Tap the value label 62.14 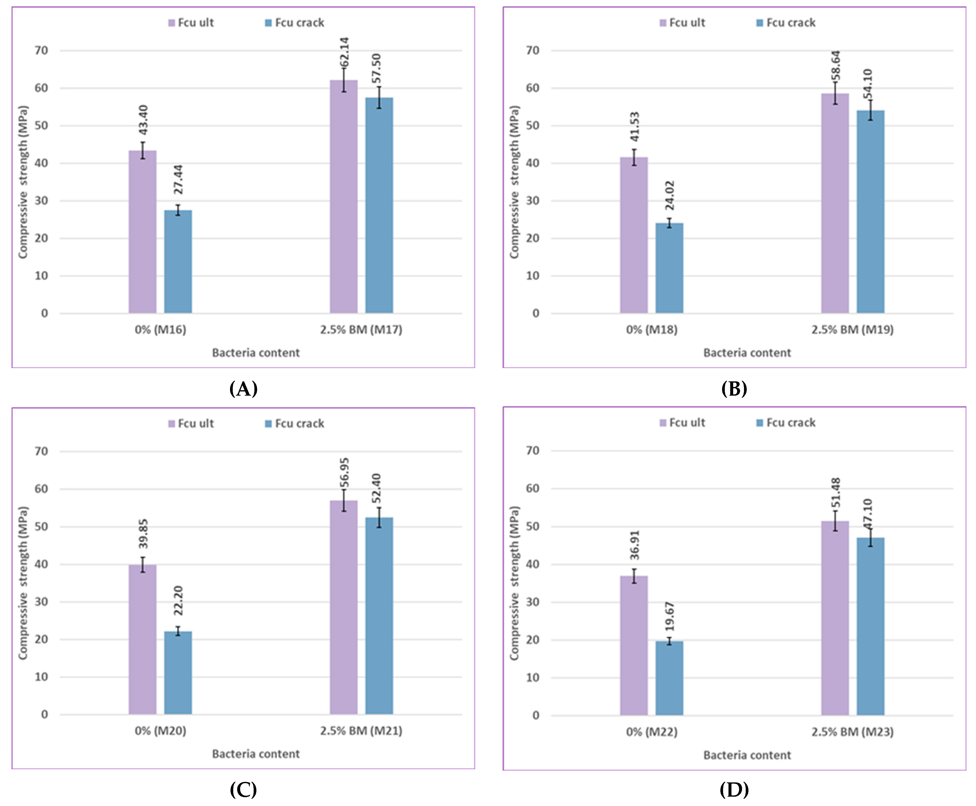click(344, 52)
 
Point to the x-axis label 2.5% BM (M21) click(361, 731)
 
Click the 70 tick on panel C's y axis click(41, 451)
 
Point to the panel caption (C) click(243, 789)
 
